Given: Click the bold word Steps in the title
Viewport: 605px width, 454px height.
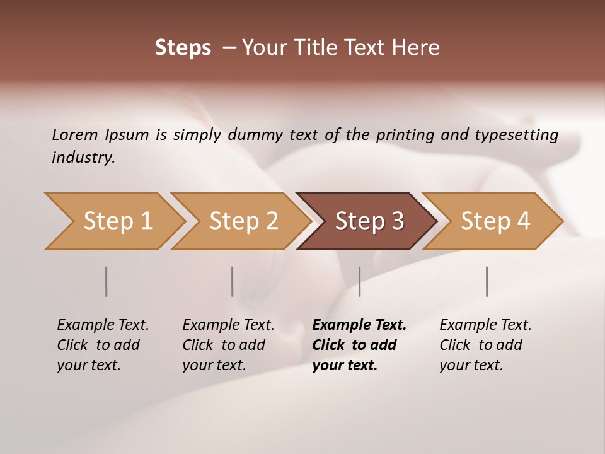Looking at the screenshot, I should pos(183,48).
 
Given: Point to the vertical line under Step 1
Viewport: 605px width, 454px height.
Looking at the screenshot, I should pos(107,281).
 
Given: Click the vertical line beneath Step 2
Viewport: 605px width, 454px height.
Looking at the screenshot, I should pos(233,281).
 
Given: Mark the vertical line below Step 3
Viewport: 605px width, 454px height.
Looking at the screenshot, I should pos(360,281).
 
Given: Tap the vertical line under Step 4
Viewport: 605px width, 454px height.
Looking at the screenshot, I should pos(487,281).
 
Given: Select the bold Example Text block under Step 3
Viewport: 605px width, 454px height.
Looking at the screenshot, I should pos(359,345).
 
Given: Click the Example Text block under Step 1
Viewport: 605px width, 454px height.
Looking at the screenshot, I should pos(103,345).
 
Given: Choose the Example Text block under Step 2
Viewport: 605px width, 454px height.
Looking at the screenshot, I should pos(228,345).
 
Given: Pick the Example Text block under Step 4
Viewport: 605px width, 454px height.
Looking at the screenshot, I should pos(485,345).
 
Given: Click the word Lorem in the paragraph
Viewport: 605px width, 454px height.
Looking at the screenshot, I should pos(75,135).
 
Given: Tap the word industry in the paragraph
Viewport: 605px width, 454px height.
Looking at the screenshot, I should pos(83,158).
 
